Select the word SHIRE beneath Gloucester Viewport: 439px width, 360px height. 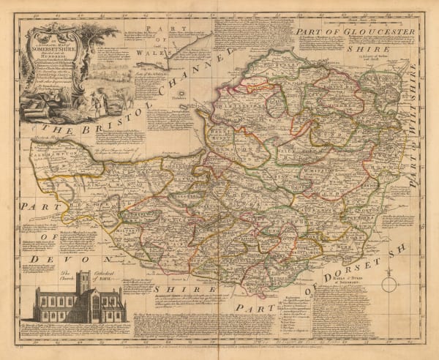pos(392,48)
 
